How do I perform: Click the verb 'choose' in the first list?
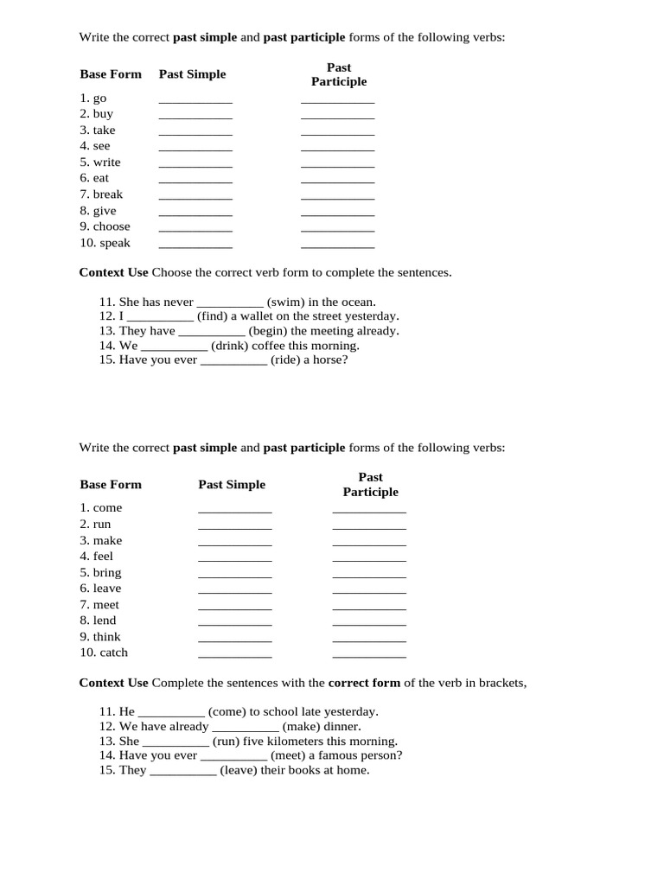click(x=112, y=226)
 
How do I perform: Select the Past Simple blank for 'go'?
click(x=195, y=100)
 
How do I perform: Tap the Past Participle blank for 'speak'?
click(x=337, y=245)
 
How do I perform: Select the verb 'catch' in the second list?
click(x=113, y=653)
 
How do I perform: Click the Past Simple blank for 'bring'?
click(x=234, y=575)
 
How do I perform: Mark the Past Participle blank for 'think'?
click(x=369, y=640)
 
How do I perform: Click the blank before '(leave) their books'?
click(x=182, y=772)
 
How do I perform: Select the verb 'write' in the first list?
click(x=107, y=162)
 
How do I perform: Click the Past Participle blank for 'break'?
click(x=337, y=197)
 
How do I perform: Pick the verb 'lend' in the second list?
click(x=105, y=621)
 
